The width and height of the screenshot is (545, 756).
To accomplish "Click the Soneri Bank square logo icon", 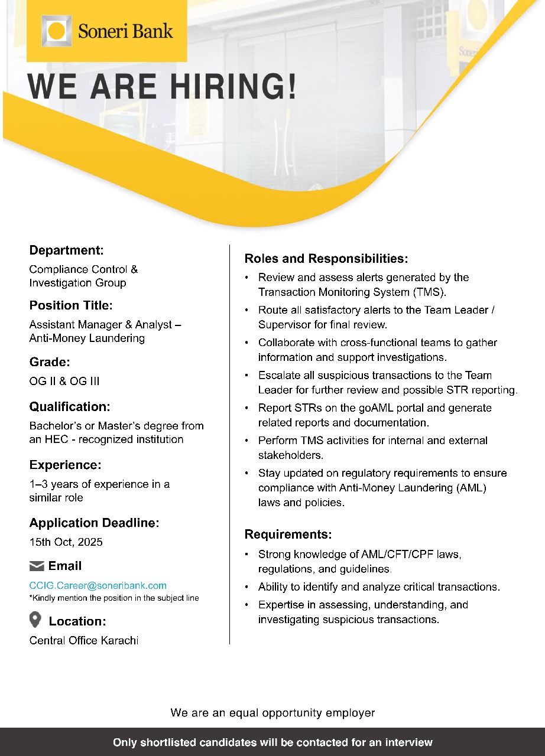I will [x=57, y=31].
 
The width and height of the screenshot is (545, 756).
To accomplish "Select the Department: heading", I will [x=67, y=250].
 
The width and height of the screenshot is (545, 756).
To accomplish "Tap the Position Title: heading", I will [x=71, y=305].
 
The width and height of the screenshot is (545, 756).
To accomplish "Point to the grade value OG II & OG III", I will [x=64, y=381].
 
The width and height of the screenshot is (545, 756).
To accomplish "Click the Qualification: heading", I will [x=70, y=406].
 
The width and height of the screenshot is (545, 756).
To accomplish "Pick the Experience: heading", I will [x=66, y=465].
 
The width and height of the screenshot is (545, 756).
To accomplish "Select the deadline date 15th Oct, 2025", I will [x=66, y=542].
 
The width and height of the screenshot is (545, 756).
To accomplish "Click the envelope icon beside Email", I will [x=37, y=566].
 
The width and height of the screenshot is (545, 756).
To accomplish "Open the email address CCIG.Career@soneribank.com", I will [x=98, y=585].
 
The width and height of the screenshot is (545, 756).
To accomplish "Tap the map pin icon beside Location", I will [x=35, y=620].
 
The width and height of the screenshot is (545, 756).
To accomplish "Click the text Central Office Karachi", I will [x=84, y=640].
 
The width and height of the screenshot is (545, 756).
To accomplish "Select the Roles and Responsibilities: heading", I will [x=326, y=259].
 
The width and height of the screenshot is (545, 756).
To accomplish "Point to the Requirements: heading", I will [x=288, y=535].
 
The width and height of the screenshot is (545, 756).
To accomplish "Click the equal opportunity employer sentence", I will [x=272, y=713].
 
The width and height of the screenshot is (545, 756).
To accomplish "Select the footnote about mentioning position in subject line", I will [x=114, y=598].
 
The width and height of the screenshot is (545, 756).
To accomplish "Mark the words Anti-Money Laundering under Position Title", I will [x=87, y=338].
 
